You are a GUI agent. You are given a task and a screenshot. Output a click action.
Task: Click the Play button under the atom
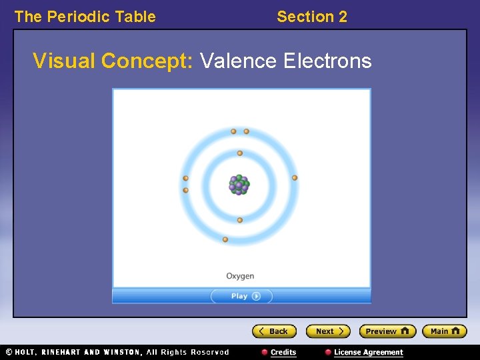241,296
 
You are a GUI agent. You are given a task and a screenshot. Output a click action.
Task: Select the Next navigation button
327,331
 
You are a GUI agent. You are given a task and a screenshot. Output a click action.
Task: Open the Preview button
387,331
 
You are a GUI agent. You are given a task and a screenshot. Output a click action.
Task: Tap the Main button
444,331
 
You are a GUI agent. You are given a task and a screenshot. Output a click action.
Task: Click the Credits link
283,352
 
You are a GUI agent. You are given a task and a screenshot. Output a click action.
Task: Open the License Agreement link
368,352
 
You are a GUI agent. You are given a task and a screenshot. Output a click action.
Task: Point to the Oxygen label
240,276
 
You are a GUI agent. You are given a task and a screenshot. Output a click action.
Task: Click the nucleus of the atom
239,185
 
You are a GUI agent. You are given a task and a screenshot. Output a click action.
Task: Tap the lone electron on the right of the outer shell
295,178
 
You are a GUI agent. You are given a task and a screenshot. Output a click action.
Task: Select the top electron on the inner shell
240,153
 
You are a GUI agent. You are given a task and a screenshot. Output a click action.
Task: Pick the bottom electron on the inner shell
240,220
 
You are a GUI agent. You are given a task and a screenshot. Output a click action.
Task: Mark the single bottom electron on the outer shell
225,239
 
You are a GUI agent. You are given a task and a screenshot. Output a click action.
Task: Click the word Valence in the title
238,61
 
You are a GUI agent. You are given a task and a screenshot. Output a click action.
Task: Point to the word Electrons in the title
327,61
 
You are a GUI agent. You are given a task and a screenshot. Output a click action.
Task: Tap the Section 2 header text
312,17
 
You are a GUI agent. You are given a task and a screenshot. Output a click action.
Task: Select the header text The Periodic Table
85,17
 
